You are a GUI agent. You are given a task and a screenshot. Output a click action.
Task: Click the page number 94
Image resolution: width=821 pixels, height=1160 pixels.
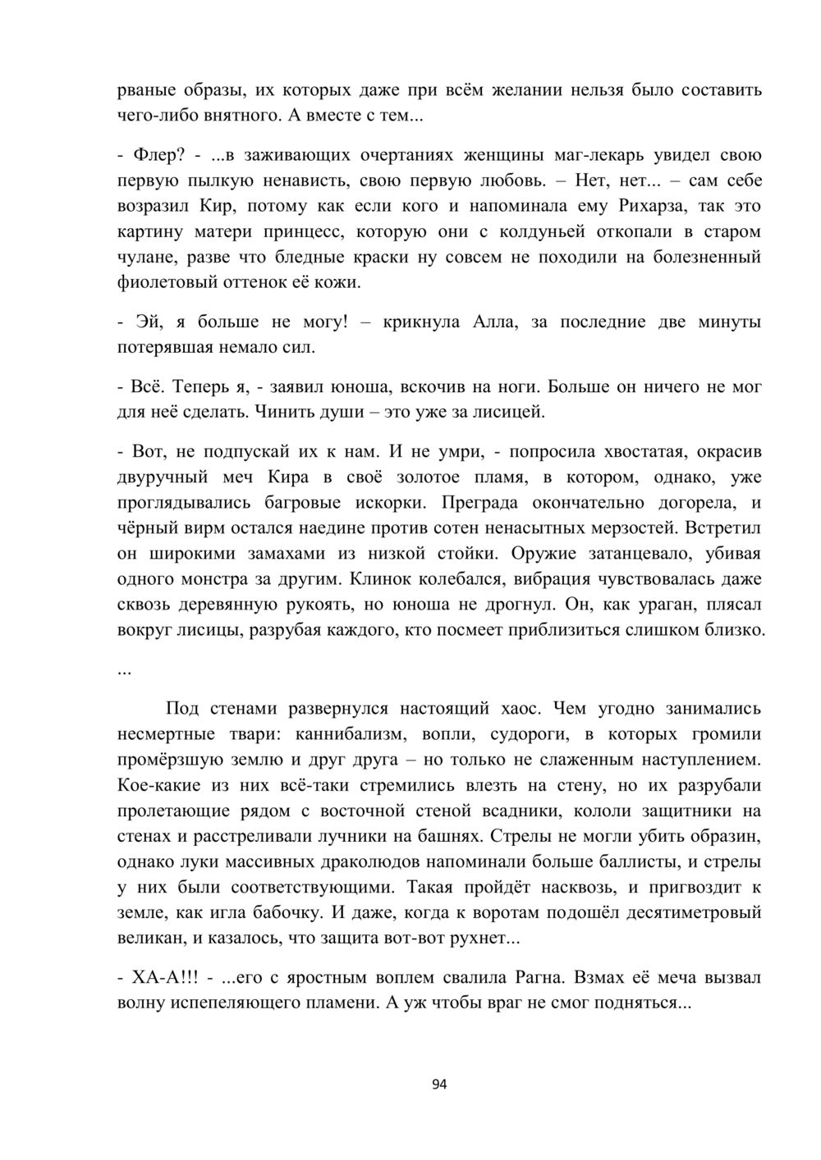tap(439, 1084)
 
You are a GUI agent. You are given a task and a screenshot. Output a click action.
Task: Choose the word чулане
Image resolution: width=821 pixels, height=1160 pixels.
tap(144, 257)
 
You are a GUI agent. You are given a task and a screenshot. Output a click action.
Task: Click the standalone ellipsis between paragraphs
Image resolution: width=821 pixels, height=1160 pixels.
tap(125, 669)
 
